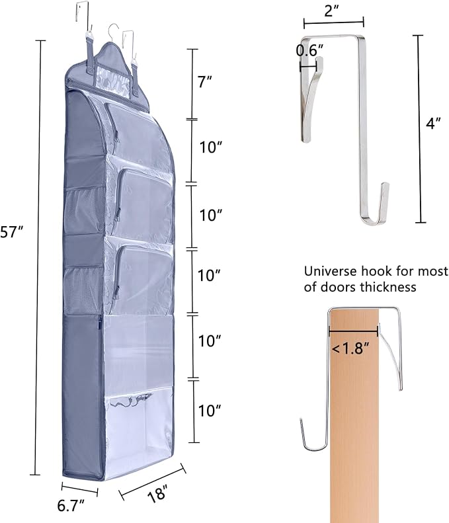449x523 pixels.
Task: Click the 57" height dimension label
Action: [x=12, y=232]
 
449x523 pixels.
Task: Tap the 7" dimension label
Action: [x=205, y=82]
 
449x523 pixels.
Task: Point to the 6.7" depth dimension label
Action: [x=71, y=505]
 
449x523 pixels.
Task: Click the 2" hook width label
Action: [x=331, y=11]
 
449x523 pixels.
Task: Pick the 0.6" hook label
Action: [x=309, y=50]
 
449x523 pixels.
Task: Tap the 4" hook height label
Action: [x=433, y=123]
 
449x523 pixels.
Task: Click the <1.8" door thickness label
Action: [x=350, y=348]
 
